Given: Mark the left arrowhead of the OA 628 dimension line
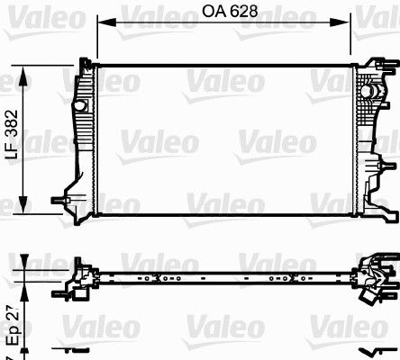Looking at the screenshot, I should click(100, 24).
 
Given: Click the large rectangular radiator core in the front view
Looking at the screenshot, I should click(225, 139).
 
